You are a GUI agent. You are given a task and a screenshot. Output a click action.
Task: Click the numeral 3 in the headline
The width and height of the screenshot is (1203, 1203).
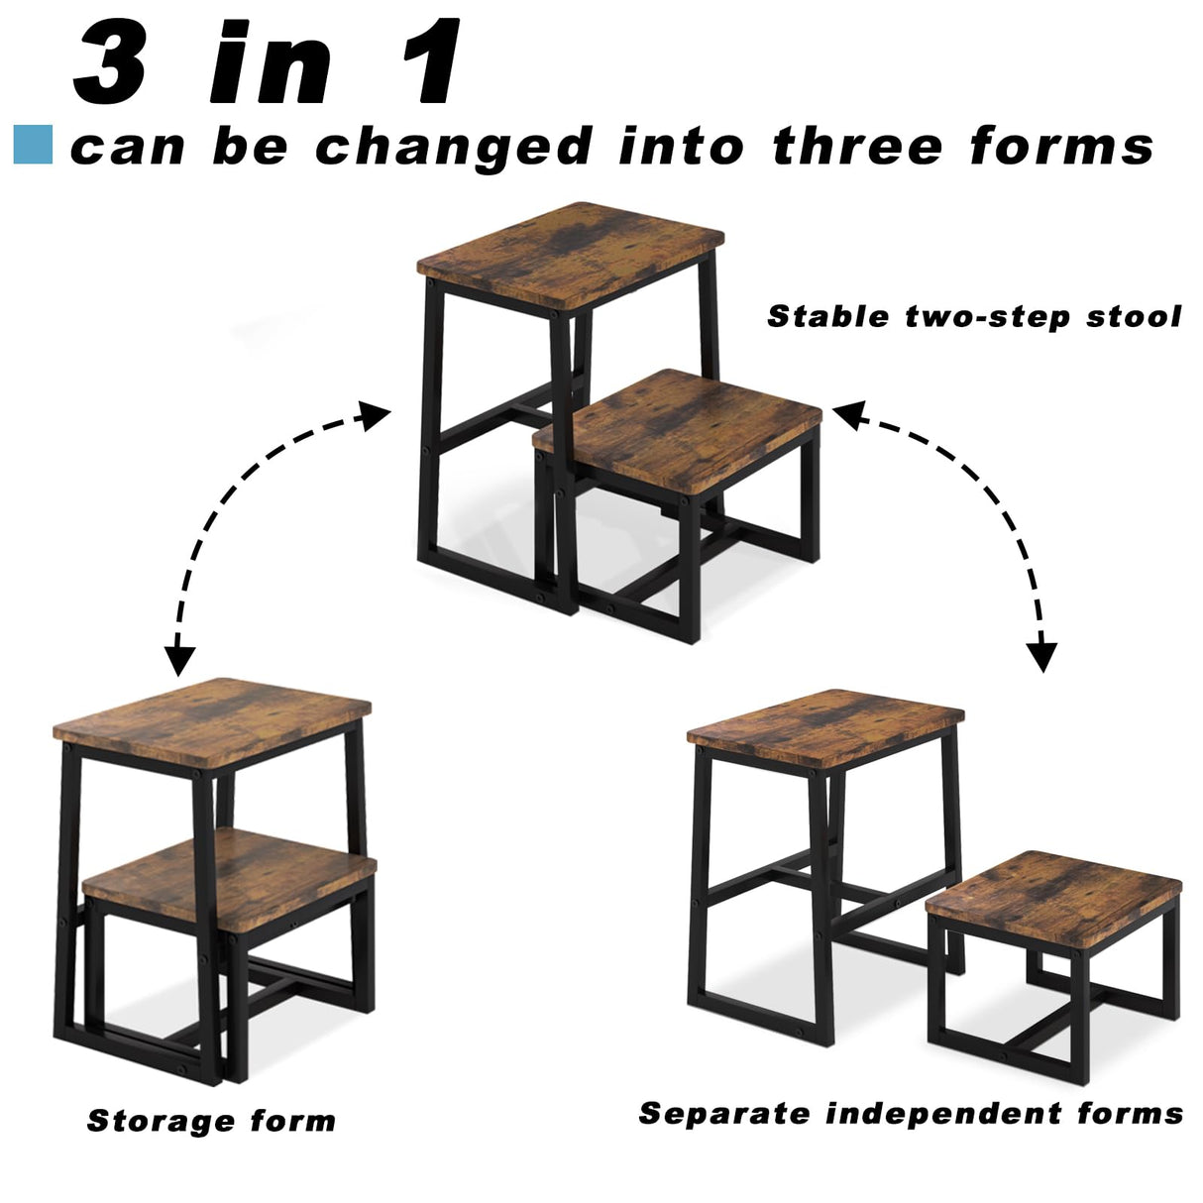click(x=111, y=64)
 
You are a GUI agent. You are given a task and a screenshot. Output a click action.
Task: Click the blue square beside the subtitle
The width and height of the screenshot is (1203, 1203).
click(x=33, y=145)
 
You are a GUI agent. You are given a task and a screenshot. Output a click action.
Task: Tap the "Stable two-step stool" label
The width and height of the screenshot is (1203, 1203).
click(x=974, y=316)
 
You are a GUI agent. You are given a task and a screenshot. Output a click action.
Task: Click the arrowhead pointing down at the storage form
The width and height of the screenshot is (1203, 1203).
click(x=180, y=657)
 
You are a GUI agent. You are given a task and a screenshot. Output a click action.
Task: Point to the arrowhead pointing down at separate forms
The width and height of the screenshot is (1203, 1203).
click(x=1041, y=655)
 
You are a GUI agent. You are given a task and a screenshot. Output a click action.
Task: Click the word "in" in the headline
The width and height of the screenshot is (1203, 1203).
click(x=271, y=64)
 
